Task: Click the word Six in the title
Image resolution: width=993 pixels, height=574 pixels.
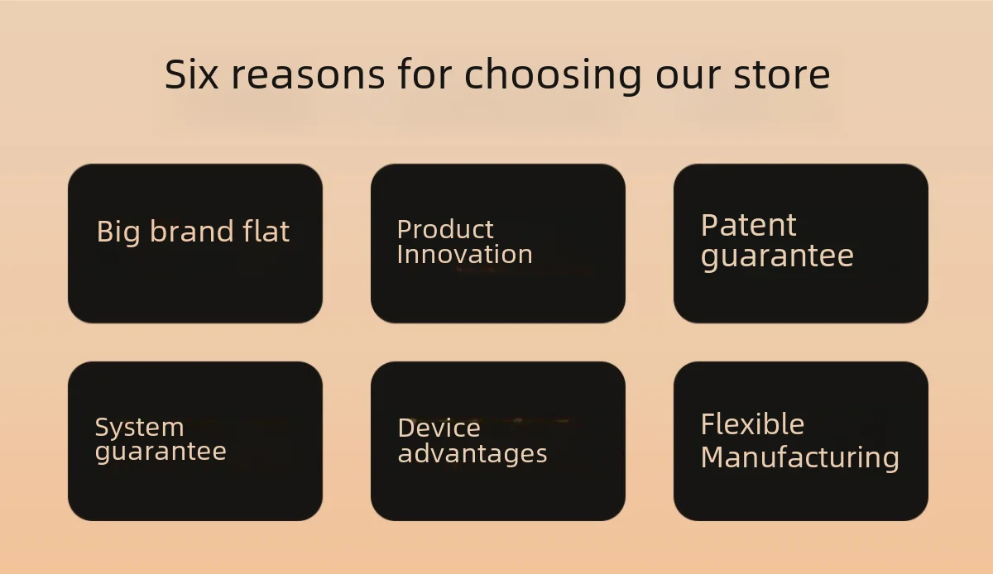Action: [191, 74]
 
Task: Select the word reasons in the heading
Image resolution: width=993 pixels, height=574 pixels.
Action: [308, 75]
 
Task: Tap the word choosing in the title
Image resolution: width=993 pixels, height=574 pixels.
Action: [553, 76]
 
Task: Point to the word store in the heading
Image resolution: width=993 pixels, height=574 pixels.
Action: [781, 75]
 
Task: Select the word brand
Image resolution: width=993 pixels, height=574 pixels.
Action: [191, 231]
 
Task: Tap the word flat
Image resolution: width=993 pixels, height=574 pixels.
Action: [266, 231]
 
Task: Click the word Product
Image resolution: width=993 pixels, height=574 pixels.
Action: [445, 229]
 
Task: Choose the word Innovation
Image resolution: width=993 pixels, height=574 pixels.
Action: [464, 255]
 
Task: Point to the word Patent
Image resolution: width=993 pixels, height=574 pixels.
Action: [748, 225]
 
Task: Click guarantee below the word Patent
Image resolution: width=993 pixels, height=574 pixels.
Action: [777, 257]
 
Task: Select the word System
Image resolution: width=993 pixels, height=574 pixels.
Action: [139, 428]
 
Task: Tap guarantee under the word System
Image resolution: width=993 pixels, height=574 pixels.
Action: [161, 452]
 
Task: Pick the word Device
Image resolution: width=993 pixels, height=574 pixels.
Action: [439, 428]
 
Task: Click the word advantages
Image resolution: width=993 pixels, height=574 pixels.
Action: [473, 454]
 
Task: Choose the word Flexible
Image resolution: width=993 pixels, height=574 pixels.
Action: [752, 423]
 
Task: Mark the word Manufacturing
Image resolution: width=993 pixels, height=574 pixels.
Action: [799, 459]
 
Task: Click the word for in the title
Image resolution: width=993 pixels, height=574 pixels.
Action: [425, 74]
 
